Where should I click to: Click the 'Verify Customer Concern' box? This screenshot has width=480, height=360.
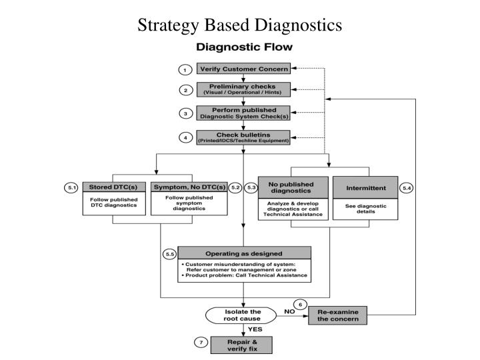coord(243,69)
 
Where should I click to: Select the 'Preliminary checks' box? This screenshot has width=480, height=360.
coord(243,90)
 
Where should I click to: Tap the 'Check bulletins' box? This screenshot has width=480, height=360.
coord(243,137)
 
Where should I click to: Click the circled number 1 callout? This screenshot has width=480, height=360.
coord(184,69)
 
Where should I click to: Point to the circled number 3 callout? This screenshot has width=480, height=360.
coord(184,113)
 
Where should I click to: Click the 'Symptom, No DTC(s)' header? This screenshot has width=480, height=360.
coord(189,187)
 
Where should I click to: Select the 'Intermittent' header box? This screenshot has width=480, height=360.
coord(365,188)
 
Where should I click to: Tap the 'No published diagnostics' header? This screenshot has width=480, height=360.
coord(293,188)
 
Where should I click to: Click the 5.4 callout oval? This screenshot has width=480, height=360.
coord(407,189)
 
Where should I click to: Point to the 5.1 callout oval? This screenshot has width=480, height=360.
coord(72,188)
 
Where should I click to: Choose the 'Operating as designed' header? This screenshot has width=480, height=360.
coord(244,253)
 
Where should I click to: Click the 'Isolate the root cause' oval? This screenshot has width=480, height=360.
coord(243,315)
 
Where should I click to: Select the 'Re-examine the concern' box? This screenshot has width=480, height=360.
coord(337,315)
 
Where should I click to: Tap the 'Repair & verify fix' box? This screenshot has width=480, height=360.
coord(243,344)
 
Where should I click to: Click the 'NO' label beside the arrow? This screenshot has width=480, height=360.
coord(289,311)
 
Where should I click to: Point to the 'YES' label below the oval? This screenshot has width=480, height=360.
coord(256,329)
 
